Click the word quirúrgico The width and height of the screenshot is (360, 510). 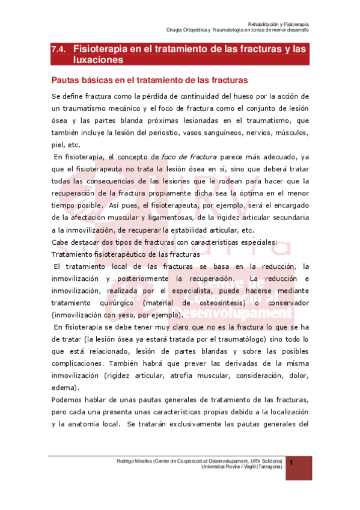pos(118,303)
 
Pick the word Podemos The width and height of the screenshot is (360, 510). pos(69,400)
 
